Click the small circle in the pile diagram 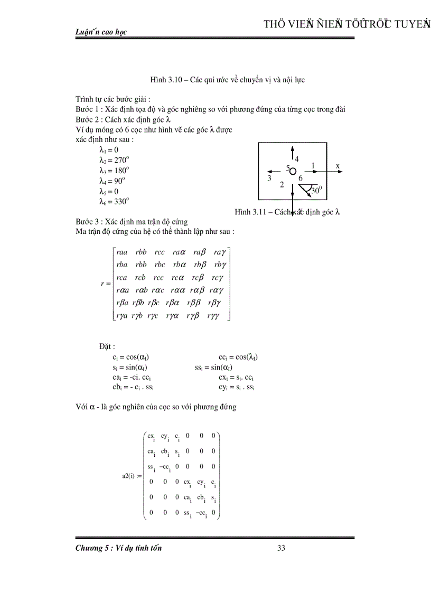click(293, 172)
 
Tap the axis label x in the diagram click(338, 166)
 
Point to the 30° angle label click(316, 191)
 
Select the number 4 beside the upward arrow click(296, 159)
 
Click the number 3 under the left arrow click(269, 178)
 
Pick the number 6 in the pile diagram click(301, 178)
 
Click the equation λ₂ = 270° click(114, 160)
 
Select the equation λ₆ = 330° click(114, 201)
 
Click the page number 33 click(281, 548)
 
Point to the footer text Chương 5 click(93, 548)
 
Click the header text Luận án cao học click(101, 32)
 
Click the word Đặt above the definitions click(106, 346)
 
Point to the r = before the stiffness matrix click(105, 284)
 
